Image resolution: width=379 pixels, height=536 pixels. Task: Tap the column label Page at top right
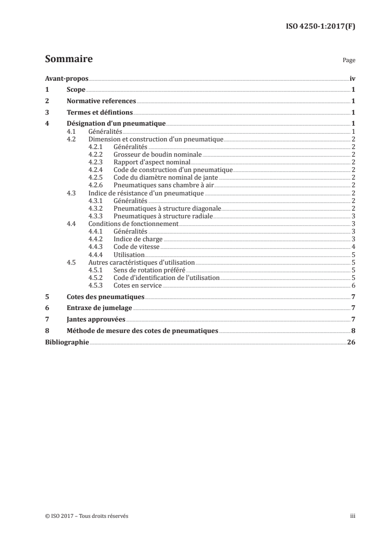pyautogui.click(x=349, y=61)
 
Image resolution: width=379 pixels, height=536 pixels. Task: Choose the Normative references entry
pyautogui.click(x=101, y=101)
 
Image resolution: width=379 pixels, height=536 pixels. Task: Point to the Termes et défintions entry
pyautogui.click(x=99, y=113)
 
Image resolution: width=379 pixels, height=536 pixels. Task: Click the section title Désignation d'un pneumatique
pyautogui.click(x=116, y=124)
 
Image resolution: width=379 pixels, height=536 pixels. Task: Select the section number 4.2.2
pyautogui.click(x=97, y=155)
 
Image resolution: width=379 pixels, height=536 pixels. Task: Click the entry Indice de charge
pyautogui.click(x=138, y=239)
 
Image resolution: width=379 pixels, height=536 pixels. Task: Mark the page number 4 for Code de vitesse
pyautogui.click(x=353, y=247)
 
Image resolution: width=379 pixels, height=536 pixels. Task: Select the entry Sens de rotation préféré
pyautogui.click(x=150, y=270)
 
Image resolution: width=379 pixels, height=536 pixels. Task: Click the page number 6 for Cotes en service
pyautogui.click(x=353, y=286)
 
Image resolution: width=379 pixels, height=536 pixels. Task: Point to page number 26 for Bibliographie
pyautogui.click(x=351, y=342)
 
